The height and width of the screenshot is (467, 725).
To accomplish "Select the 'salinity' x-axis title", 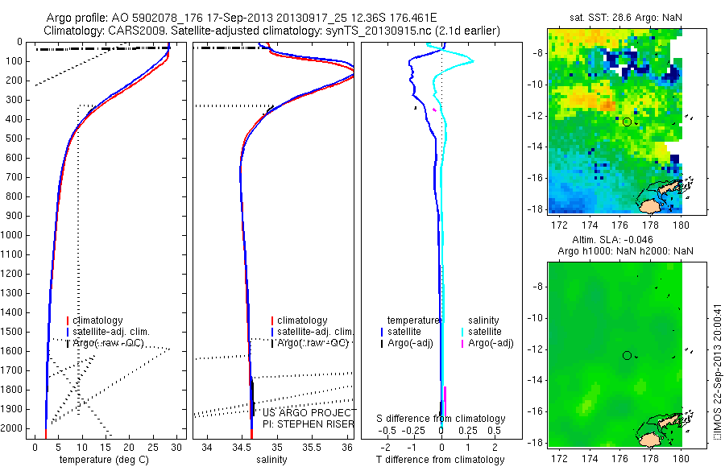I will click(270, 460).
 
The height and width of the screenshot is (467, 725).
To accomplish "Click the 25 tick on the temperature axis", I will click(153, 445).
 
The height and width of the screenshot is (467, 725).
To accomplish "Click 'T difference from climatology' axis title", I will click(441, 460).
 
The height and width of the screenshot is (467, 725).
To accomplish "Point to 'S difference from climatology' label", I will click(441, 419).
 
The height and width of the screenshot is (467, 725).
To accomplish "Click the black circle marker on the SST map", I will click(627, 122).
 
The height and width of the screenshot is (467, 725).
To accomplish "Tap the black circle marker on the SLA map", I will click(627, 355).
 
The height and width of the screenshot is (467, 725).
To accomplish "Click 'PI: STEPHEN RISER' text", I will click(297, 424).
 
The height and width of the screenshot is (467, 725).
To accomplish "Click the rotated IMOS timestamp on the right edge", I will click(719, 371).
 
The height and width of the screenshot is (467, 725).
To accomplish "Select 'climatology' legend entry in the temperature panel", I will click(98, 320).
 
